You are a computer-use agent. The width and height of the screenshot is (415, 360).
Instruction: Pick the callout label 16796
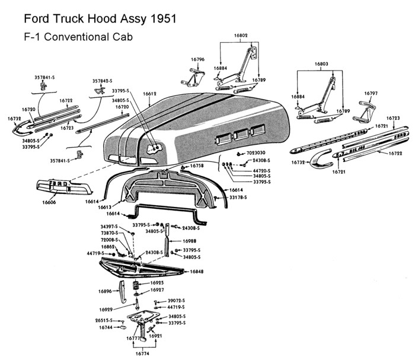tap(197, 59)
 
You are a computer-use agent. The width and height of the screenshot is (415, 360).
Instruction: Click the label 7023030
tap(254, 153)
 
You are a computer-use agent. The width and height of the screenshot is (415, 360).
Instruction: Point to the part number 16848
tap(197, 272)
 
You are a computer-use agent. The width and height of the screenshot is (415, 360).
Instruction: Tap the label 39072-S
tap(175, 301)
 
